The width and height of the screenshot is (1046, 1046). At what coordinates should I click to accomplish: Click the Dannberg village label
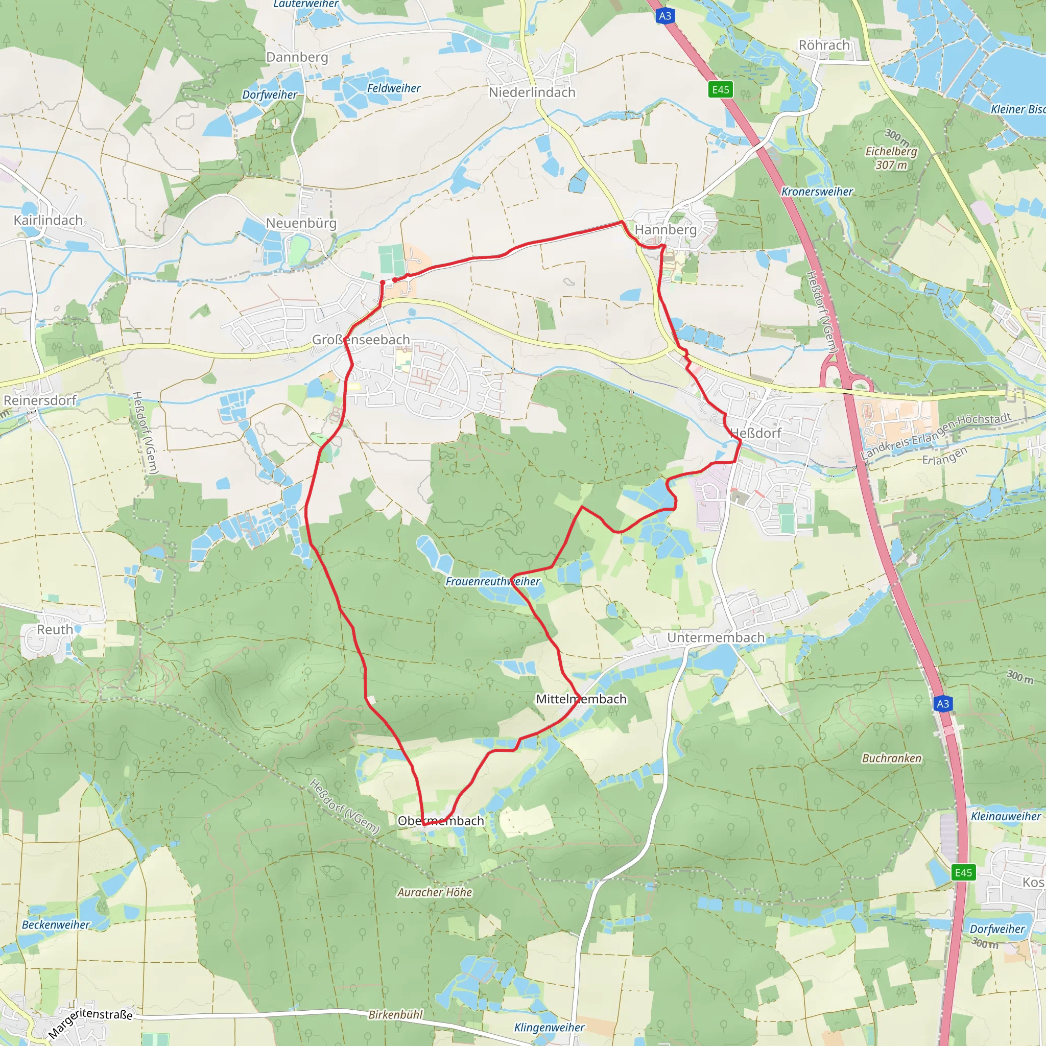297,57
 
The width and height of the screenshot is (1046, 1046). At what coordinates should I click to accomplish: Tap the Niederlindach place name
532,92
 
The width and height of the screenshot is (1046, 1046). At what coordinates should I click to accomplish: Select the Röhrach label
824,45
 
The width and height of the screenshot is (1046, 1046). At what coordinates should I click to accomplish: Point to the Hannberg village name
665,229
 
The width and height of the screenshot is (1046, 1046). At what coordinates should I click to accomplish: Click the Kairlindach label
48,220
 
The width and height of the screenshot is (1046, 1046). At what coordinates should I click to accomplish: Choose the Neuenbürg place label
301,223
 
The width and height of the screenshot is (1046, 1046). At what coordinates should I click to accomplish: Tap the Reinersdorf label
40,400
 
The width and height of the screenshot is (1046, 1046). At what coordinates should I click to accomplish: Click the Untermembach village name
716,638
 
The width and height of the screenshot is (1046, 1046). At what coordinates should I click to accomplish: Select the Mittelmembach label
581,699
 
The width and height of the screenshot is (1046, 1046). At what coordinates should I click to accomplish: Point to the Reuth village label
55,630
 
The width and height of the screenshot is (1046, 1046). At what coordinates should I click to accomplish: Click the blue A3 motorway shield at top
665,16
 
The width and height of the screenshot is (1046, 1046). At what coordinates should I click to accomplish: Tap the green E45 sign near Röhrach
721,89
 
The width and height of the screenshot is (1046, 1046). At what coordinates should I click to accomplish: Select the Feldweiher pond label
394,88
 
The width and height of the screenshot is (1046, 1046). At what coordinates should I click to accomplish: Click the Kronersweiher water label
817,192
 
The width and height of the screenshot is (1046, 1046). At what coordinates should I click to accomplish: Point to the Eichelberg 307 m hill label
891,157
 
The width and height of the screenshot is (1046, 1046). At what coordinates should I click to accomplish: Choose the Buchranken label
892,758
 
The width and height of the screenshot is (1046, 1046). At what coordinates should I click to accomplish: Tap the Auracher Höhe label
435,892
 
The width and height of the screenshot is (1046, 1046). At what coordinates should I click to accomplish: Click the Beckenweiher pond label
56,925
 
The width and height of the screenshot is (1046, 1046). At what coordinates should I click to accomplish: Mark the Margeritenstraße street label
90,1023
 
